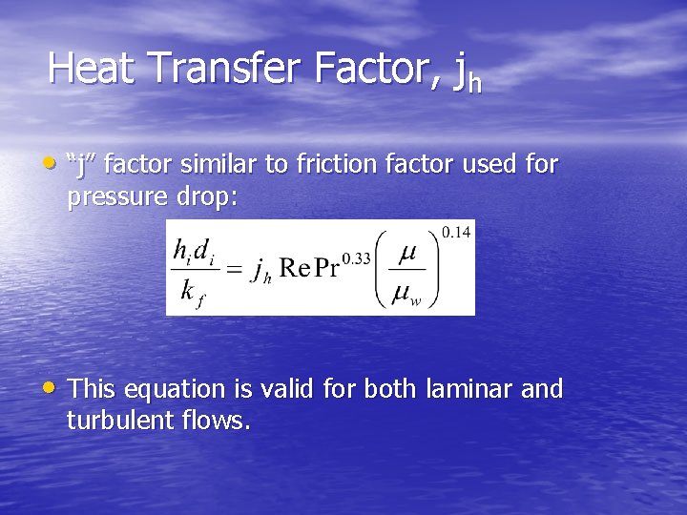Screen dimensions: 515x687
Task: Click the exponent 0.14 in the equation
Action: click(457, 233)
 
